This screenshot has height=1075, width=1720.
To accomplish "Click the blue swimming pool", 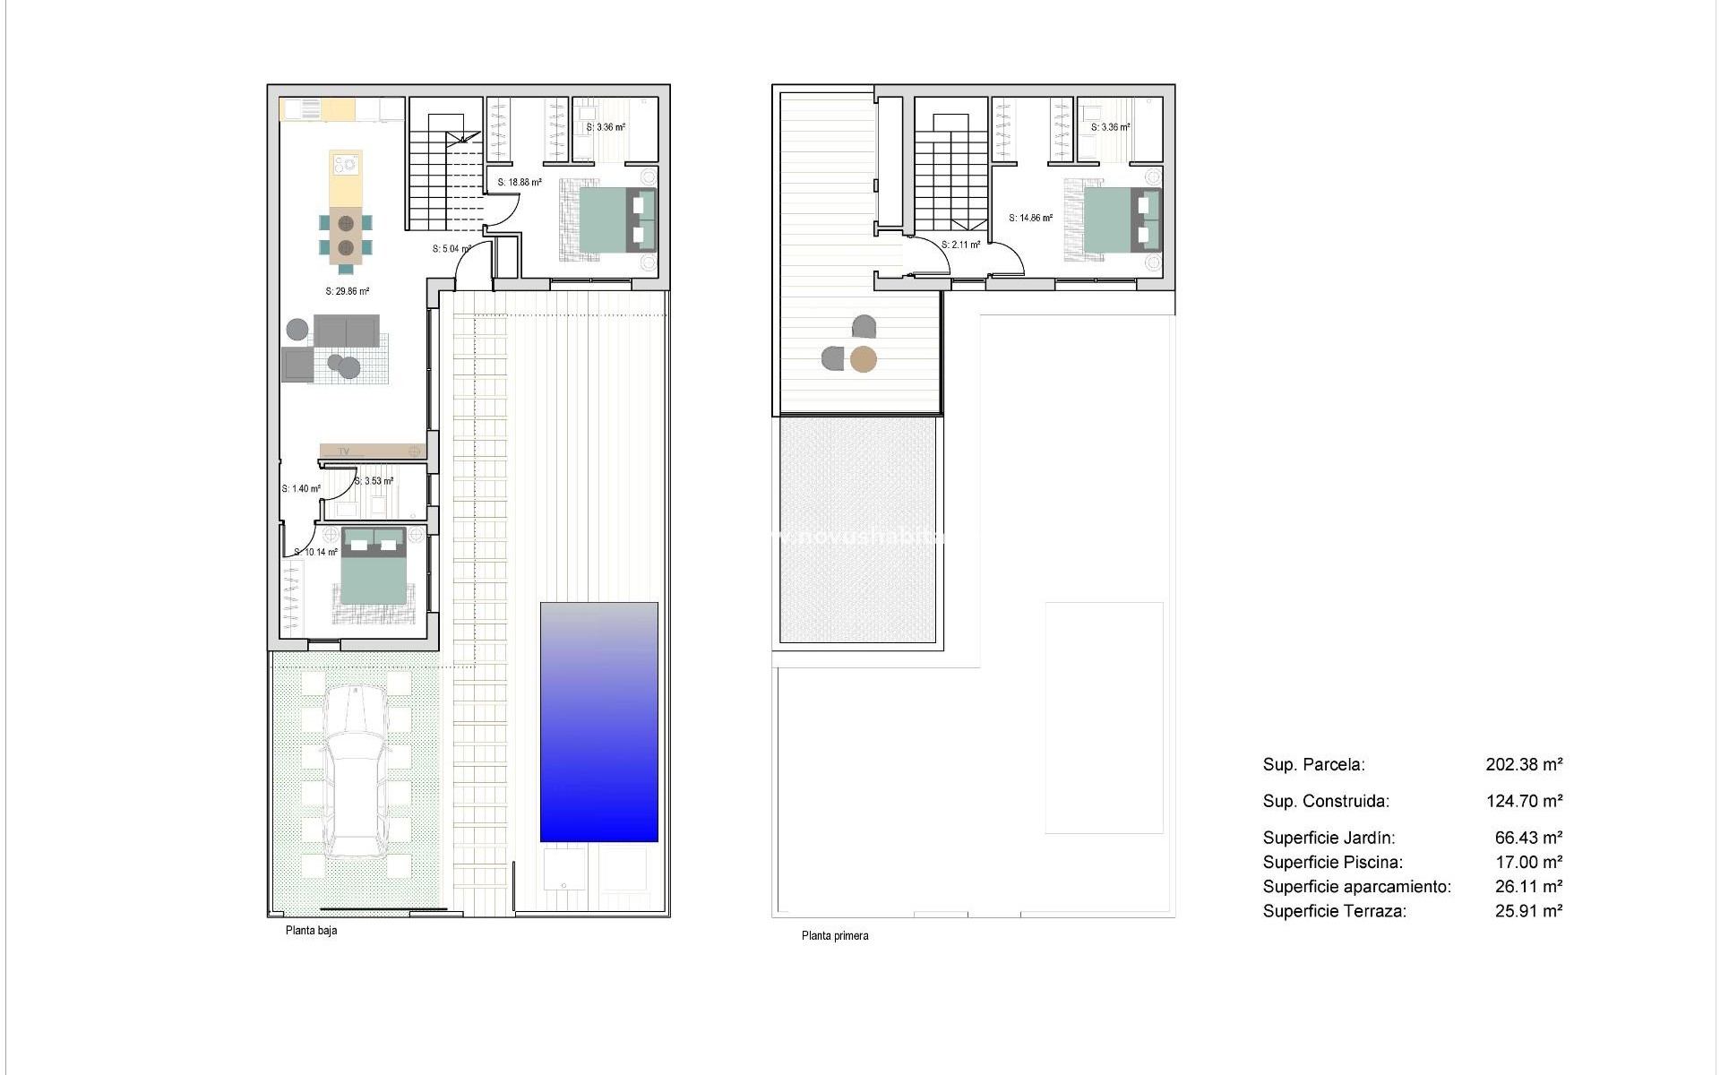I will coord(598,721).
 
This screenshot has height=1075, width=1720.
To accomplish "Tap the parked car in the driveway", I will coord(356,770).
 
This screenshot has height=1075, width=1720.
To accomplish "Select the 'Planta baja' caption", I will coord(311,931).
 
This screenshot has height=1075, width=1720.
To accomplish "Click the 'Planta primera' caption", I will coord(834,936).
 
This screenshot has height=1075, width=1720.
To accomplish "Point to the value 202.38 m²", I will coord(1524,765).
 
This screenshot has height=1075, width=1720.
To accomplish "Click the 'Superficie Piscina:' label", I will coord(1332,863).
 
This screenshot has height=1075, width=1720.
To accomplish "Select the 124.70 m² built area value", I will coord(1524,802).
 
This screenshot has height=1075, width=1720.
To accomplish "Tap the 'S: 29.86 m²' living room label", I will coord(347,291).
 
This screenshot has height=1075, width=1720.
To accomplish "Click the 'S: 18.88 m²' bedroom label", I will coord(520,183).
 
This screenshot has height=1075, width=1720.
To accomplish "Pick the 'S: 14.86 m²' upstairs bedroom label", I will coord(1030,218).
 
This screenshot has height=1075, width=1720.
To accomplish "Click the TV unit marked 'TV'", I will coord(372,451).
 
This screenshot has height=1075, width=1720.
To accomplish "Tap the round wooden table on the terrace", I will coord(863,359).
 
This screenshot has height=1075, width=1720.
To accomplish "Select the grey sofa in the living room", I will coord(346,331).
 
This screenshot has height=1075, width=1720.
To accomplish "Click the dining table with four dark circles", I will coord(345,235).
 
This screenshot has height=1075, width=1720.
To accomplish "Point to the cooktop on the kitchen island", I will coord(345,164).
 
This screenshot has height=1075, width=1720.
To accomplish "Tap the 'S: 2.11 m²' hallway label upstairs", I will coord(960,245).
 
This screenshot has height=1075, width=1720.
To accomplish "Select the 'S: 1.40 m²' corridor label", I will coord(300,489).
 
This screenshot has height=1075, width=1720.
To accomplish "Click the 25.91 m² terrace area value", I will coord(1528,911).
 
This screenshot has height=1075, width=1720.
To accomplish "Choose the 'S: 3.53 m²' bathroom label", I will coord(374,481).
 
